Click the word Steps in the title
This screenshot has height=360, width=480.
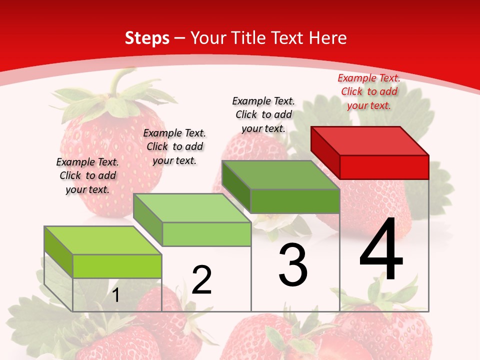tap(147, 38)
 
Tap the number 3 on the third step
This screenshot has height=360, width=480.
tap(293, 265)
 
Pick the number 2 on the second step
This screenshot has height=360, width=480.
tap(202, 280)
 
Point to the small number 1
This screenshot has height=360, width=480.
tap(115, 295)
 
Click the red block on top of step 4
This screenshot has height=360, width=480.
tap(370, 150)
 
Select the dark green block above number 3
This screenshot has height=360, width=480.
tap(281, 185)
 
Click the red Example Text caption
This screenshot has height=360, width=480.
tap(369, 91)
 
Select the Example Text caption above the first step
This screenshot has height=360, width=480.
tap(87, 175)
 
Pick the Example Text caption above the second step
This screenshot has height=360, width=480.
tap(174, 146)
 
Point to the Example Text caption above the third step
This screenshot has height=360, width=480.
tap(263, 114)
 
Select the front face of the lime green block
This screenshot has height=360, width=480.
tap(117, 266)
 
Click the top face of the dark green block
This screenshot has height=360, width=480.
tap(281, 175)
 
